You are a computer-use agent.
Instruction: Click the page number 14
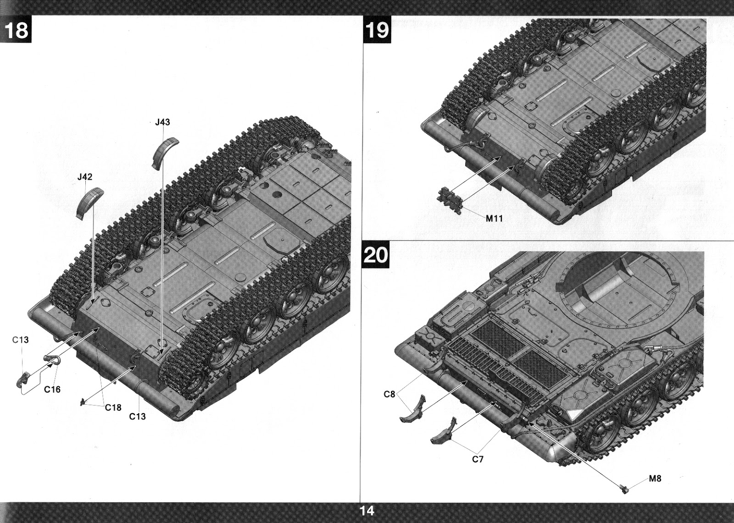[367, 511]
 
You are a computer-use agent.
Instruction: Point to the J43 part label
[162, 122]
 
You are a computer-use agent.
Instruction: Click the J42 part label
[85, 177]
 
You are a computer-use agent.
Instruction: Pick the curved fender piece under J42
[89, 203]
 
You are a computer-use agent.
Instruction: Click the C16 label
[52, 389]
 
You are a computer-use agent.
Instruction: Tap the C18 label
[113, 408]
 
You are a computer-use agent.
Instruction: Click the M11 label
[494, 219]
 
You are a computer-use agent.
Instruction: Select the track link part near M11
[450, 199]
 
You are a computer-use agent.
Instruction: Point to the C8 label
[389, 395]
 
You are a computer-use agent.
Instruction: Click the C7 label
[478, 459]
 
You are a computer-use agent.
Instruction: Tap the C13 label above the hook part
[20, 340]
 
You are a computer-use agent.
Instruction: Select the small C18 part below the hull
[83, 402]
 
